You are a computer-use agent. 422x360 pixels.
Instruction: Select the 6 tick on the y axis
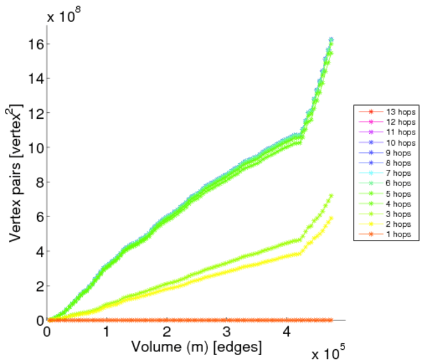click(39, 217)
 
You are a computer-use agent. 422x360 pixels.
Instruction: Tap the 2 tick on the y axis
click(39, 286)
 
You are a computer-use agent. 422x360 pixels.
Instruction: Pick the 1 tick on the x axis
click(107, 332)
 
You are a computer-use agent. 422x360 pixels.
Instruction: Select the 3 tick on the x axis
click(227, 332)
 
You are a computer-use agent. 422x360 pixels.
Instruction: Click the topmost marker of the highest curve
click(331, 40)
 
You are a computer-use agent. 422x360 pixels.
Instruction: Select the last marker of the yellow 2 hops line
click(331, 218)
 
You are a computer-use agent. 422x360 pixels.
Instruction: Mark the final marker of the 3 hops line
click(331, 196)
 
